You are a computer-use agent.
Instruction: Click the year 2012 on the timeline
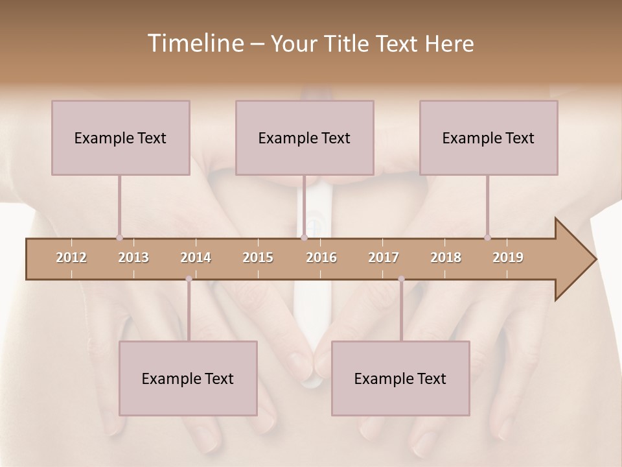click(71, 257)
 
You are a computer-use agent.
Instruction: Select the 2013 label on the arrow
click(133, 257)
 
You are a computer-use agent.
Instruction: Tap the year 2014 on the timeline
click(196, 257)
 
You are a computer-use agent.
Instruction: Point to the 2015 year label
click(258, 257)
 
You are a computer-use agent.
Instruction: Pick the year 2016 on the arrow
click(321, 257)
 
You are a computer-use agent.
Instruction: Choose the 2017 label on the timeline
click(384, 257)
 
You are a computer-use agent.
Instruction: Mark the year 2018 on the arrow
click(446, 257)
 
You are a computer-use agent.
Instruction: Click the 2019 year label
click(508, 257)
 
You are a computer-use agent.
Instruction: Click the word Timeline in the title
click(194, 43)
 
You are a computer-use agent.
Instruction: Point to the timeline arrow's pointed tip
click(594, 259)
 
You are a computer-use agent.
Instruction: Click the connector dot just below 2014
click(189, 279)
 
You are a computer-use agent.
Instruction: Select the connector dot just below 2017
click(401, 279)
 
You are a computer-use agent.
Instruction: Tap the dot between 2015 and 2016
click(304, 238)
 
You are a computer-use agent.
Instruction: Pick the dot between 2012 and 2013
click(119, 238)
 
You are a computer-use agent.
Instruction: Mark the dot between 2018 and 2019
click(487, 238)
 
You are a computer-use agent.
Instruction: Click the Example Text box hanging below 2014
click(188, 378)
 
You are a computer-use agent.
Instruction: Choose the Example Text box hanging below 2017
click(400, 378)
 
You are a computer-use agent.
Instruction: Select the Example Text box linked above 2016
click(305, 138)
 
